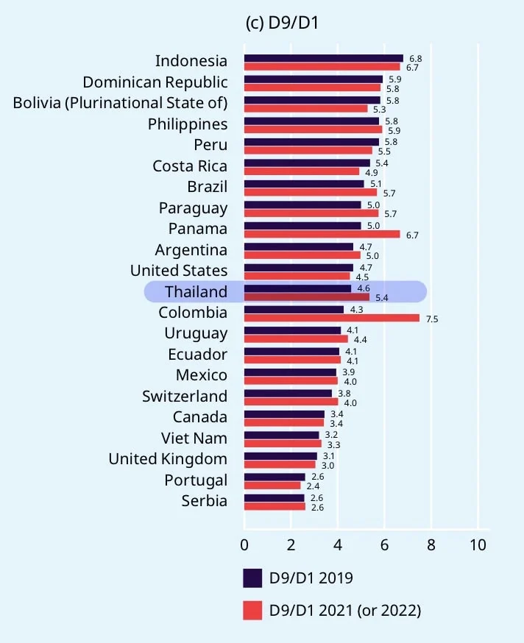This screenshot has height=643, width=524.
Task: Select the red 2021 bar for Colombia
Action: [331, 319]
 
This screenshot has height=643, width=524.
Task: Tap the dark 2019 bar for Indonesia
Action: [324, 58]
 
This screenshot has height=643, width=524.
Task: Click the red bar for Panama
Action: [322, 235]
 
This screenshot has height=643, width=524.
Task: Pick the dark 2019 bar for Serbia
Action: [274, 498]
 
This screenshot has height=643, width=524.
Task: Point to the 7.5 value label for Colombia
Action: [431, 319]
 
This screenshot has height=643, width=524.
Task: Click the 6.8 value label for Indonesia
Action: [415, 58]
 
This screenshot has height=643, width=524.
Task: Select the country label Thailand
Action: [196, 292]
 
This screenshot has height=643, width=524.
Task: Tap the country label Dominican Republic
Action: [155, 82]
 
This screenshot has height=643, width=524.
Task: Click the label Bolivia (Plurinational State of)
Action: [120, 102]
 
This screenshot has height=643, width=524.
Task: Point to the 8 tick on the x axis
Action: [431, 545]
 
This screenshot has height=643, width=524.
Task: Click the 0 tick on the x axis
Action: [244, 545]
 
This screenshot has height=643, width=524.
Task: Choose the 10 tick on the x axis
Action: [478, 545]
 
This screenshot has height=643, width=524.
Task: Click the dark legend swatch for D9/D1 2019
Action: [252, 578]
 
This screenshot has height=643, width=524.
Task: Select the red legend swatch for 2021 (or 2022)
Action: [252, 610]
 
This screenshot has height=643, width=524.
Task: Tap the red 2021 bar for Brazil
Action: [310, 193]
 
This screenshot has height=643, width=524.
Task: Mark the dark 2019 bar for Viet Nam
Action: [281, 435]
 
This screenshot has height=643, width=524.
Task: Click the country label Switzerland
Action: [185, 397]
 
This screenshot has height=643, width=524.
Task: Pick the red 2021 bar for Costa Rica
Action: [301, 171]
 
